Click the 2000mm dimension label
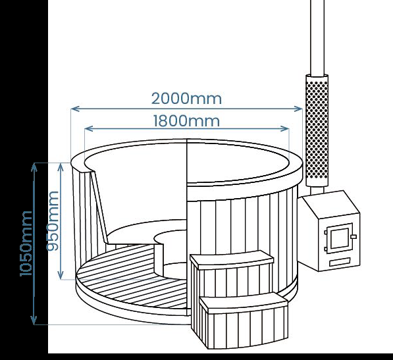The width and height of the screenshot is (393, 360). [x=186, y=99]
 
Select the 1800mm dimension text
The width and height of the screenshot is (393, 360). [x=186, y=120]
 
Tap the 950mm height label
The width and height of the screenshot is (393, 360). [x=53, y=220]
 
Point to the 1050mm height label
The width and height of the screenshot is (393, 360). [x=26, y=244]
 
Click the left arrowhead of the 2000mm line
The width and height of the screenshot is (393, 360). [x=75, y=109]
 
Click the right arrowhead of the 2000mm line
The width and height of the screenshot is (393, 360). [x=298, y=109]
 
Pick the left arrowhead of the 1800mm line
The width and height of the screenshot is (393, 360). [x=89, y=129]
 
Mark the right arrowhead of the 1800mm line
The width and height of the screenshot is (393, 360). [x=285, y=129]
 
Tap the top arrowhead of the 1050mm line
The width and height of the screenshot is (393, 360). [x=34, y=167]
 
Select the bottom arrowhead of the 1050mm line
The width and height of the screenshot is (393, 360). [x=34, y=320]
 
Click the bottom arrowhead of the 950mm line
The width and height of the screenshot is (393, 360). [x=61, y=275]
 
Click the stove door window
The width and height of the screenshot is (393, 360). [x=340, y=238]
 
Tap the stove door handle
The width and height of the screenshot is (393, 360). [x=354, y=237]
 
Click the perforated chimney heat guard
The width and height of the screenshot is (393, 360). [x=317, y=130]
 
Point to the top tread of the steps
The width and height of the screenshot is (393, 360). [x=232, y=260]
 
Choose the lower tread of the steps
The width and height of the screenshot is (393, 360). [x=244, y=302]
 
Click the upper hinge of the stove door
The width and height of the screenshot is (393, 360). [x=326, y=232]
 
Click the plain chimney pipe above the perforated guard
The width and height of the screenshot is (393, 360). [x=317, y=37]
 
